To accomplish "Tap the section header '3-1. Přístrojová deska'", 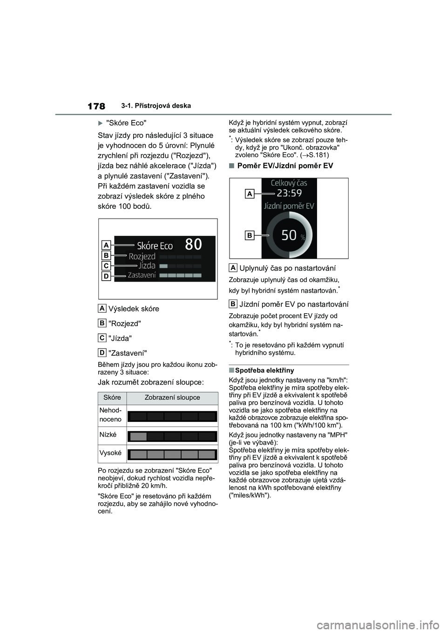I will [x=159, y=106].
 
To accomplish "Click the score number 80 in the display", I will [x=194, y=244].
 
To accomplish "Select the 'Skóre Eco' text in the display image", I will [x=155, y=246].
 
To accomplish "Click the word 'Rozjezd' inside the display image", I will [x=142, y=256].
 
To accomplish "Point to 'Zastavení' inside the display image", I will [x=142, y=275].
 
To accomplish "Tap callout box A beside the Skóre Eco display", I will [x=106, y=245].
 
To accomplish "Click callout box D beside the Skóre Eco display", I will [x=106, y=276].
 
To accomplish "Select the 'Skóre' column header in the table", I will [x=112, y=398].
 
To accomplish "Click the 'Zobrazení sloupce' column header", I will [x=172, y=398].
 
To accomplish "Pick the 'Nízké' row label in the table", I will [x=108, y=434].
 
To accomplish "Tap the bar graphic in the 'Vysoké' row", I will [x=172, y=454].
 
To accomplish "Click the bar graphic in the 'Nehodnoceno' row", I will [x=172, y=417].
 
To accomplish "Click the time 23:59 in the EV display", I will [x=289, y=193].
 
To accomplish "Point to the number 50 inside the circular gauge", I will [x=289, y=235].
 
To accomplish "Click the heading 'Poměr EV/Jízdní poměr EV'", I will [x=285, y=166].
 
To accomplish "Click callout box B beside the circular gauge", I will [x=250, y=236].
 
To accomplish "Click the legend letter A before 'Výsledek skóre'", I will [x=102, y=308].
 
